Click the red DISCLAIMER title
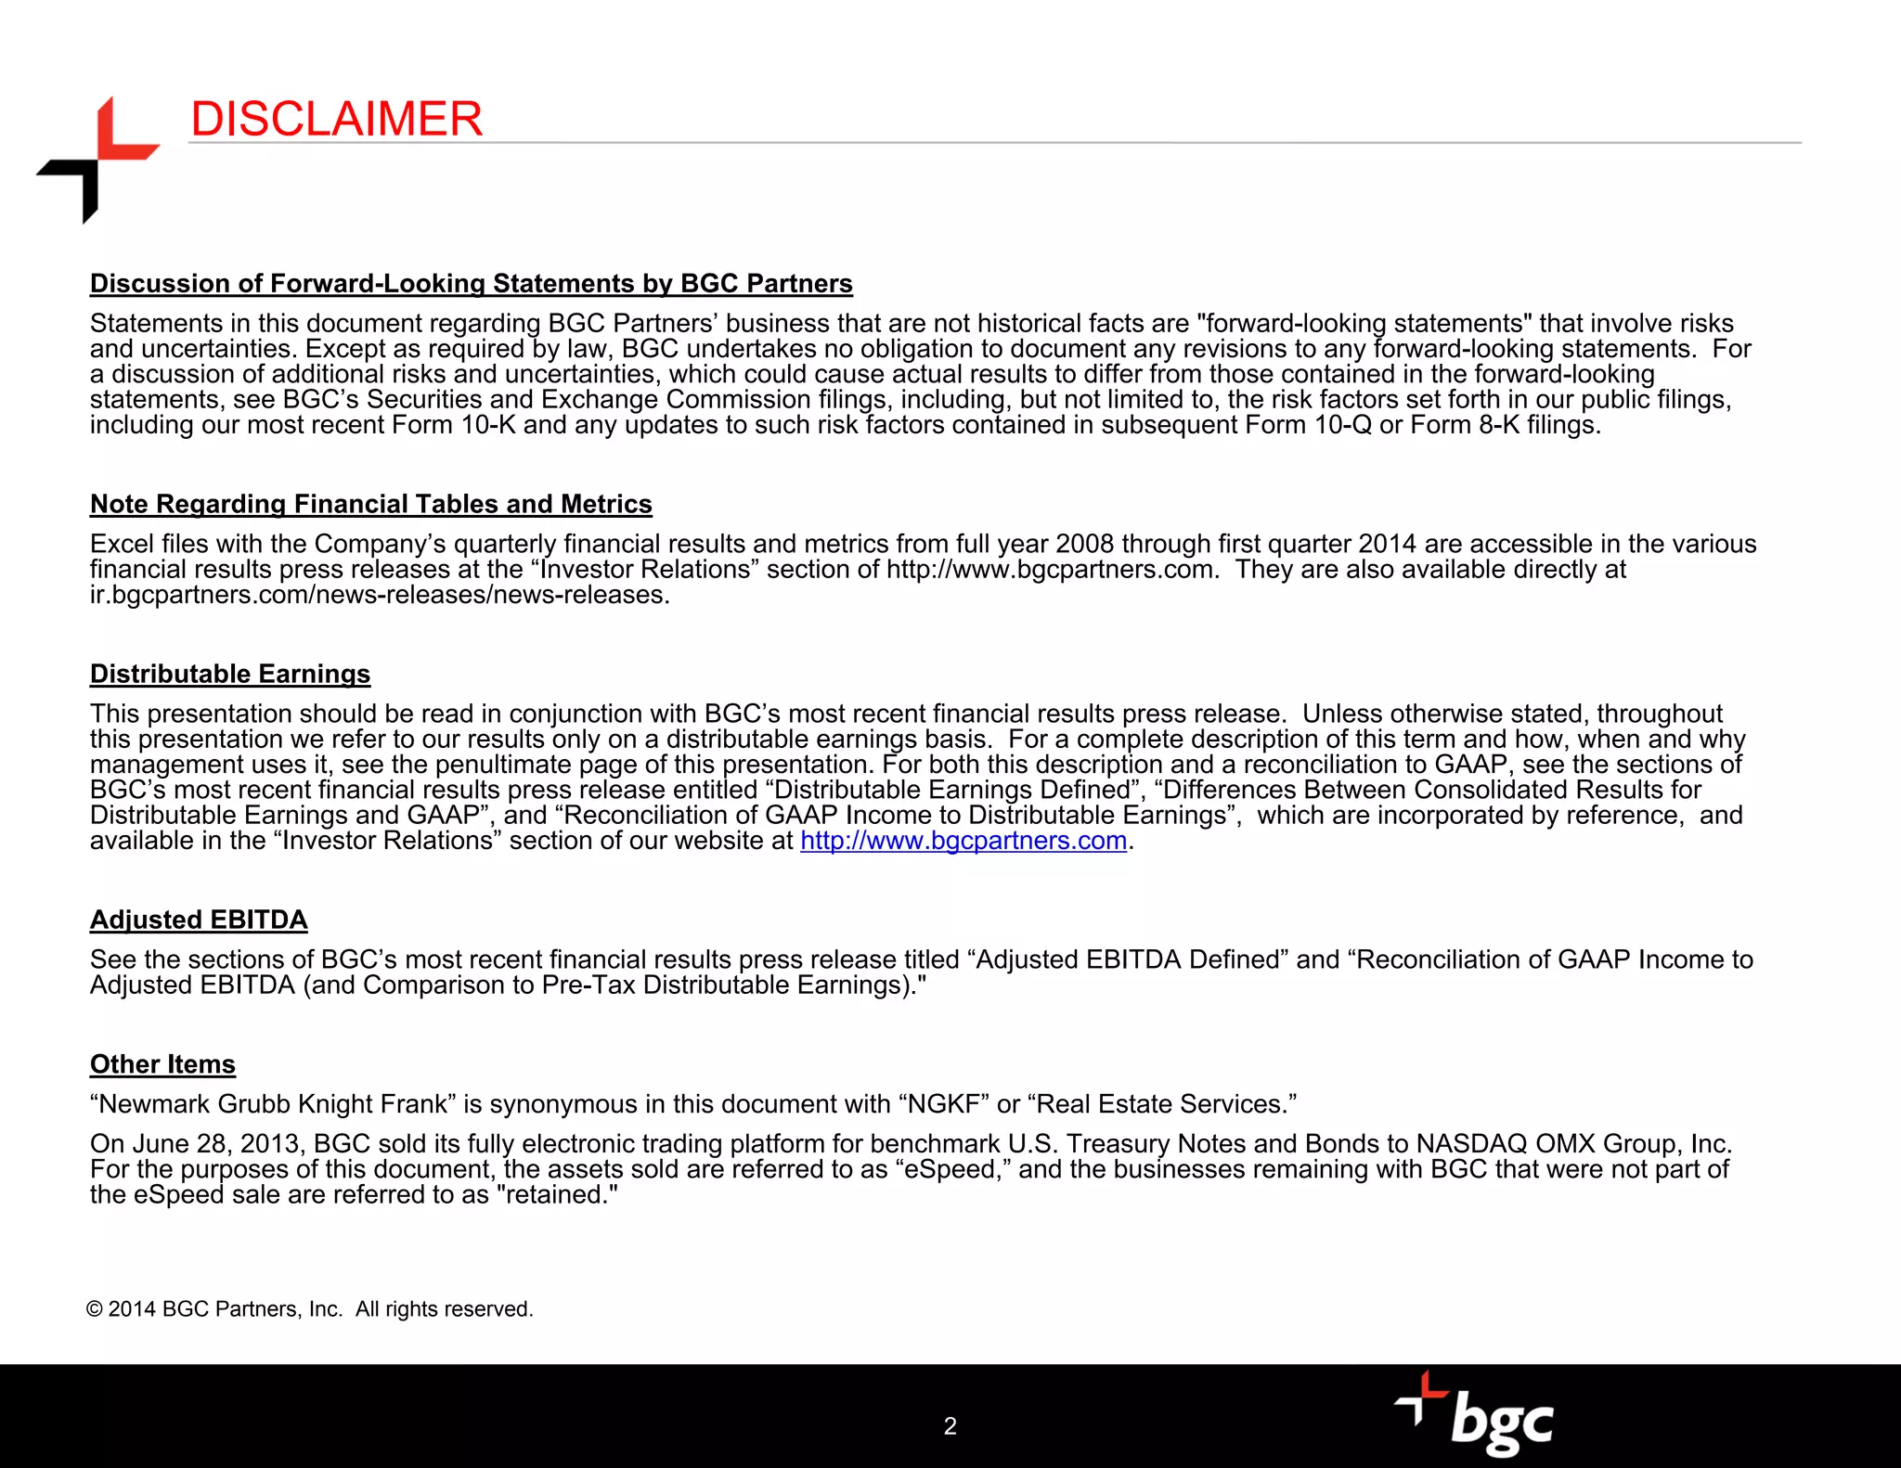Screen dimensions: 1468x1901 (336, 120)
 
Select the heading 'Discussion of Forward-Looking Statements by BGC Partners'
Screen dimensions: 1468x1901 (471, 284)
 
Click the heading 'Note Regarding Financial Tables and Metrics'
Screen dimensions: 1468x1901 (370, 504)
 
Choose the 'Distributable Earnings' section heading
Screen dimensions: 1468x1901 (230, 674)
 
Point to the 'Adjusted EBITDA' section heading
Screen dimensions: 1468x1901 (199, 920)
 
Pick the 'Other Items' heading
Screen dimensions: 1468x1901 (162, 1064)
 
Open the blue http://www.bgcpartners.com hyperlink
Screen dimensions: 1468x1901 (963, 841)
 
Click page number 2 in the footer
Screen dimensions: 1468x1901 (950, 1426)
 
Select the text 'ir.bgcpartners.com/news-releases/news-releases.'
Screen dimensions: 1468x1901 (380, 595)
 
